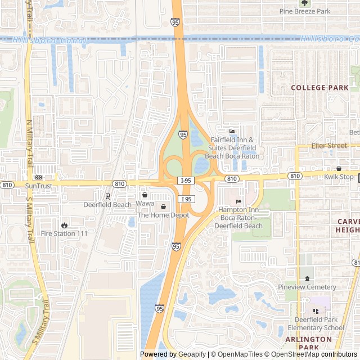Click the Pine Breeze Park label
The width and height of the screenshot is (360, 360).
click(308, 11)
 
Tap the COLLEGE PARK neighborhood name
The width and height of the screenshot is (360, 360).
click(319, 88)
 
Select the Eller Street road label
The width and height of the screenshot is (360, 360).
click(330, 146)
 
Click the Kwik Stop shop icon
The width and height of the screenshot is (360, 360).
click(339, 168)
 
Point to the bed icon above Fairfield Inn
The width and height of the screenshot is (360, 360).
click(232, 132)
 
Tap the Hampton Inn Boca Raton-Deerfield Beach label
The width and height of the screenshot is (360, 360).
click(238, 218)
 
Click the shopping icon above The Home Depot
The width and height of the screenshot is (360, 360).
click(163, 206)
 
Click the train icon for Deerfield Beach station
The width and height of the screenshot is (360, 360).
click(107, 196)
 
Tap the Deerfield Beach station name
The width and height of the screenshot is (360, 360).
click(107, 205)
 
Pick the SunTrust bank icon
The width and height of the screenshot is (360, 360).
click(38, 177)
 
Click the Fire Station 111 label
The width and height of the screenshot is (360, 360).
click(64, 233)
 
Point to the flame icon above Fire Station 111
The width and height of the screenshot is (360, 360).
click(64, 225)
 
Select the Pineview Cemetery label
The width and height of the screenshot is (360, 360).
click(307, 287)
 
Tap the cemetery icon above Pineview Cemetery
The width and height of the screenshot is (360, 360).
click(307, 278)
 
